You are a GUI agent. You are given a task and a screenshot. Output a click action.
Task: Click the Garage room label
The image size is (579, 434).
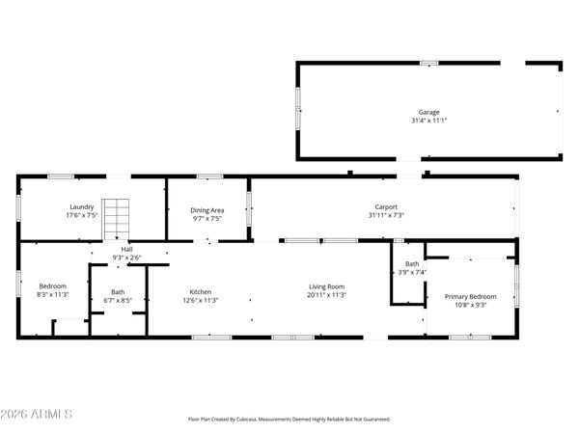click(428, 112)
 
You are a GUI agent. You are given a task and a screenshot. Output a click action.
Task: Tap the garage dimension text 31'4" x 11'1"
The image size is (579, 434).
click(428, 121)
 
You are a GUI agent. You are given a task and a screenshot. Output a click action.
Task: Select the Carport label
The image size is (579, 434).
click(387, 206)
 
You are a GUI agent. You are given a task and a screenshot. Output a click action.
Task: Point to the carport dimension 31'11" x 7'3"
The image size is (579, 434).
click(386, 215)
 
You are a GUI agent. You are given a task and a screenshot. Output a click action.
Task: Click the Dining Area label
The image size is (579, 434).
click(207, 209)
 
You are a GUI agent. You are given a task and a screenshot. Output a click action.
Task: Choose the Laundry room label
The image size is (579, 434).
click(81, 206)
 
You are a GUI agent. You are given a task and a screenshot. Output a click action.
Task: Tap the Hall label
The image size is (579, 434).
click(126, 249)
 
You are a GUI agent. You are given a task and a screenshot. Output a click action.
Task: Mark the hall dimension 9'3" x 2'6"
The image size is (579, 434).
click(126, 258)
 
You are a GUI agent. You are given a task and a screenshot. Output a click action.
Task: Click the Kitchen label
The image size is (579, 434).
click(200, 291)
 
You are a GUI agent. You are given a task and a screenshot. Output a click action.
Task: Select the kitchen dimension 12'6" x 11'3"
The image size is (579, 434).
click(200, 300)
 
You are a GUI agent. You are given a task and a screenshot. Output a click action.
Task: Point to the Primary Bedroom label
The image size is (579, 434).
click(470, 296)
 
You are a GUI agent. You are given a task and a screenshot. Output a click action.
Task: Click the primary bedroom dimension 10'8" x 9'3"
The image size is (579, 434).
click(470, 305)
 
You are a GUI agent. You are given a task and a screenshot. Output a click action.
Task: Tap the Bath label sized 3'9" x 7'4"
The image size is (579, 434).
click(412, 263)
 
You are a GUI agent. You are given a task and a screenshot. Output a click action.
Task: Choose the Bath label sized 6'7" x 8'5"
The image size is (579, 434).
click(117, 291)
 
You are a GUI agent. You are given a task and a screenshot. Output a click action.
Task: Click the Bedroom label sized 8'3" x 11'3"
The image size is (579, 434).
click(52, 285)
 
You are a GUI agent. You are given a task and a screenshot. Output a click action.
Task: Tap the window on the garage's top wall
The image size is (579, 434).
click(428, 64)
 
